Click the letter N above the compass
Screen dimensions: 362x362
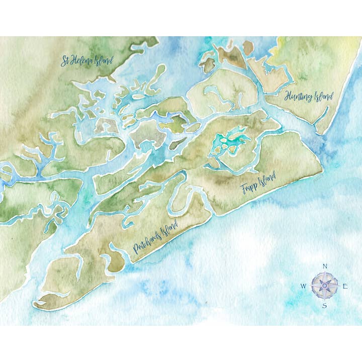[325, 266]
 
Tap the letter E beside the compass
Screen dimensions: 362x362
[345, 287]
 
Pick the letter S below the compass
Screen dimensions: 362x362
[325, 306]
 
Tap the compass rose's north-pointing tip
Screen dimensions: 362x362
[325, 273]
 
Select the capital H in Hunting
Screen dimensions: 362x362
[288, 95]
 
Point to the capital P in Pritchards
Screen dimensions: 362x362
[135, 248]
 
